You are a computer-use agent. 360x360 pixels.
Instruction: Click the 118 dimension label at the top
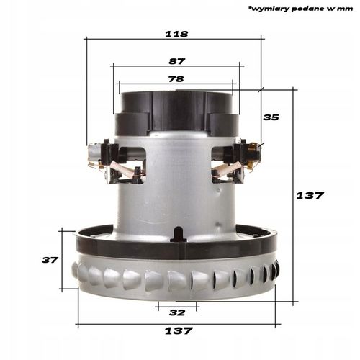point(177,34)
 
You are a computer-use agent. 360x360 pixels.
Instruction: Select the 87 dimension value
point(177,63)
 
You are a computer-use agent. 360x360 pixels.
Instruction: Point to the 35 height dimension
point(271,117)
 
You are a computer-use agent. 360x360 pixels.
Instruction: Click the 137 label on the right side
point(310,195)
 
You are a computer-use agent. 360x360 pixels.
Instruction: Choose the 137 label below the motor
point(177,330)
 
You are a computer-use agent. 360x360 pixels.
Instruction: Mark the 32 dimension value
point(177,312)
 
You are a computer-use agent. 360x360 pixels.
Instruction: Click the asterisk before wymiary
point(249,9)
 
